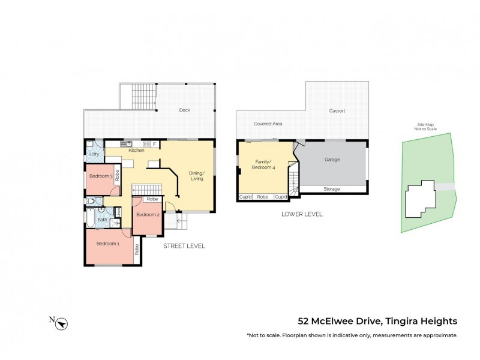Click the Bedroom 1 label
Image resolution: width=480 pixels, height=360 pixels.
click(109, 244)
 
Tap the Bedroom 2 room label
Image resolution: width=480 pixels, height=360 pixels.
click(147, 215)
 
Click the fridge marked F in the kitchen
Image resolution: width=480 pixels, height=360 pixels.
click(154, 144)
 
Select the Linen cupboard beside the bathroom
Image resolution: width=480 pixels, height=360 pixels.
click(118, 212)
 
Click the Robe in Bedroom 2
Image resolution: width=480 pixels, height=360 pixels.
click(152, 199)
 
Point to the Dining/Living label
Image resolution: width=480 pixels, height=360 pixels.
click(197, 175)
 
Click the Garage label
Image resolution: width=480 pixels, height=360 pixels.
click(332, 160)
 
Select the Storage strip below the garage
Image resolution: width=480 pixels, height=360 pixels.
click(332, 189)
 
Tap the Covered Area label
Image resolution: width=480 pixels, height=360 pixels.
click(268, 124)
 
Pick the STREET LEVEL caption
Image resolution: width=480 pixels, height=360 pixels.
click(184, 245)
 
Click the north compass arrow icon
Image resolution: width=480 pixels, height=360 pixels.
click(62, 323)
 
